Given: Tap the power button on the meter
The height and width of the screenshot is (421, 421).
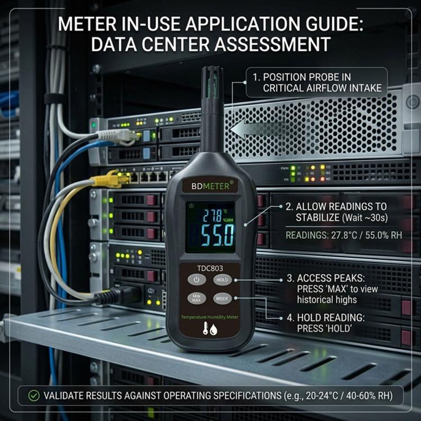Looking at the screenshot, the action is coord(196,280).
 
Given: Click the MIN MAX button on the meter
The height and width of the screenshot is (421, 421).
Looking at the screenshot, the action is coord(196,298).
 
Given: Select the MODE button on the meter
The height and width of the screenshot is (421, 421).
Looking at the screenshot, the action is coord(222,298).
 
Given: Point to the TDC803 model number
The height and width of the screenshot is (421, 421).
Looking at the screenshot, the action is coord(210,268).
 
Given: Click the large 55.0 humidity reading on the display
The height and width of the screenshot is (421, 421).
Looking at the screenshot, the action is coord(218,235).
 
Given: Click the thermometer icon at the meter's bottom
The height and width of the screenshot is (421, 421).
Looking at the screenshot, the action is coord(205,328).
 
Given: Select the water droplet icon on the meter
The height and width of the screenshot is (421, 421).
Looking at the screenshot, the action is coord(213,330).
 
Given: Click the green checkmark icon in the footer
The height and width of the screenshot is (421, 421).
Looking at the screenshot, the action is coord(34,396).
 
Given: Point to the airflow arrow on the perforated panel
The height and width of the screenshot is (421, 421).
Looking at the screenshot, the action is coord(258,129).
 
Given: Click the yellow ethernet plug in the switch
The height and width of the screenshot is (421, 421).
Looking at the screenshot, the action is coord(108,179).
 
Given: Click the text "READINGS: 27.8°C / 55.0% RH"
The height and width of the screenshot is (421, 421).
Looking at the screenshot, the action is coord(344,235).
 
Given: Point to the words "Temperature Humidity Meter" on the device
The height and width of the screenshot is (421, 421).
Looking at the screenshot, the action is coord(209,317).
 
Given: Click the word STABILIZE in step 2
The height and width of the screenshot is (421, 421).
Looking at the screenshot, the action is coord(318,217).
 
